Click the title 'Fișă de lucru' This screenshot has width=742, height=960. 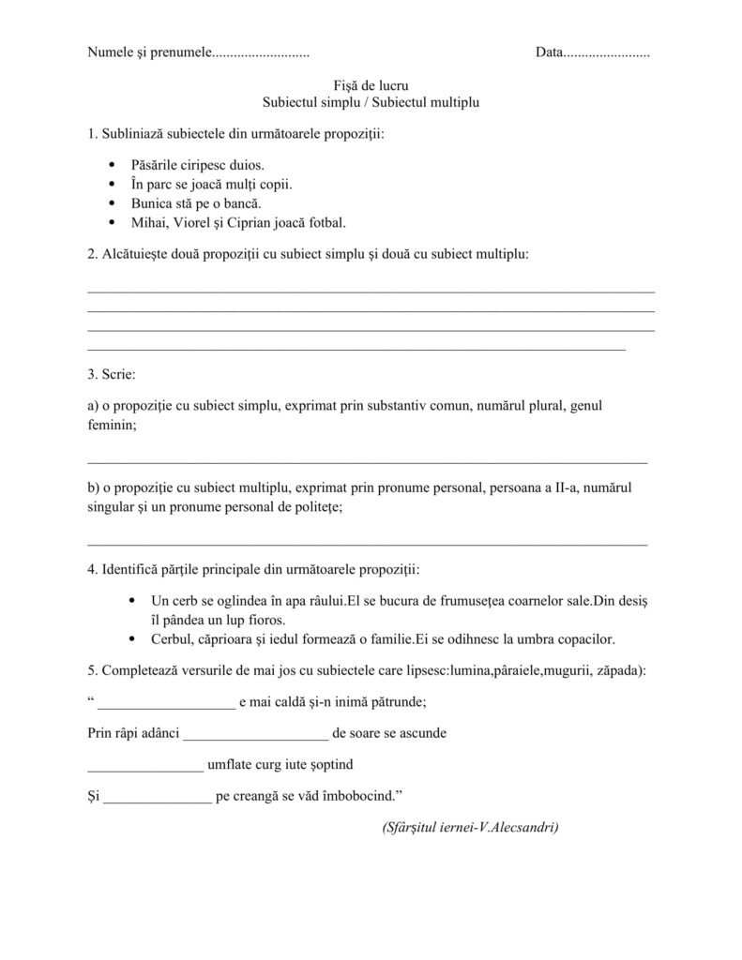[371, 85]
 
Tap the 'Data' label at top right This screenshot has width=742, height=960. [549, 52]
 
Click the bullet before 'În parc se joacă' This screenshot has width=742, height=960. [113, 184]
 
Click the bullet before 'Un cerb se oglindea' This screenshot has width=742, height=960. [130, 600]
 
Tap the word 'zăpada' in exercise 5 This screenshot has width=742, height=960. [614, 671]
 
